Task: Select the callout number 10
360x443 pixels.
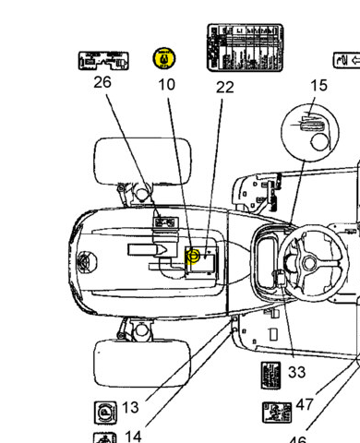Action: pos(166,85)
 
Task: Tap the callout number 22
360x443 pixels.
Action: pos(225,88)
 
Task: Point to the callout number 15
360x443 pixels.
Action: pos(318,86)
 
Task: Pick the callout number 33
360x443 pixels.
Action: pos(296,372)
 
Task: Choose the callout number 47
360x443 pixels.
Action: pos(306,405)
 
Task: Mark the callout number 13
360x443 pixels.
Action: pos(130,407)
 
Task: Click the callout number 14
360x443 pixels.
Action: pos(133,437)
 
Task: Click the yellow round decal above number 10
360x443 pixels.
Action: pos(164,58)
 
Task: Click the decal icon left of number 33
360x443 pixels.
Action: pos(269,377)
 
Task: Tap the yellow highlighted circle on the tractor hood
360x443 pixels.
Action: pos(194,256)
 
